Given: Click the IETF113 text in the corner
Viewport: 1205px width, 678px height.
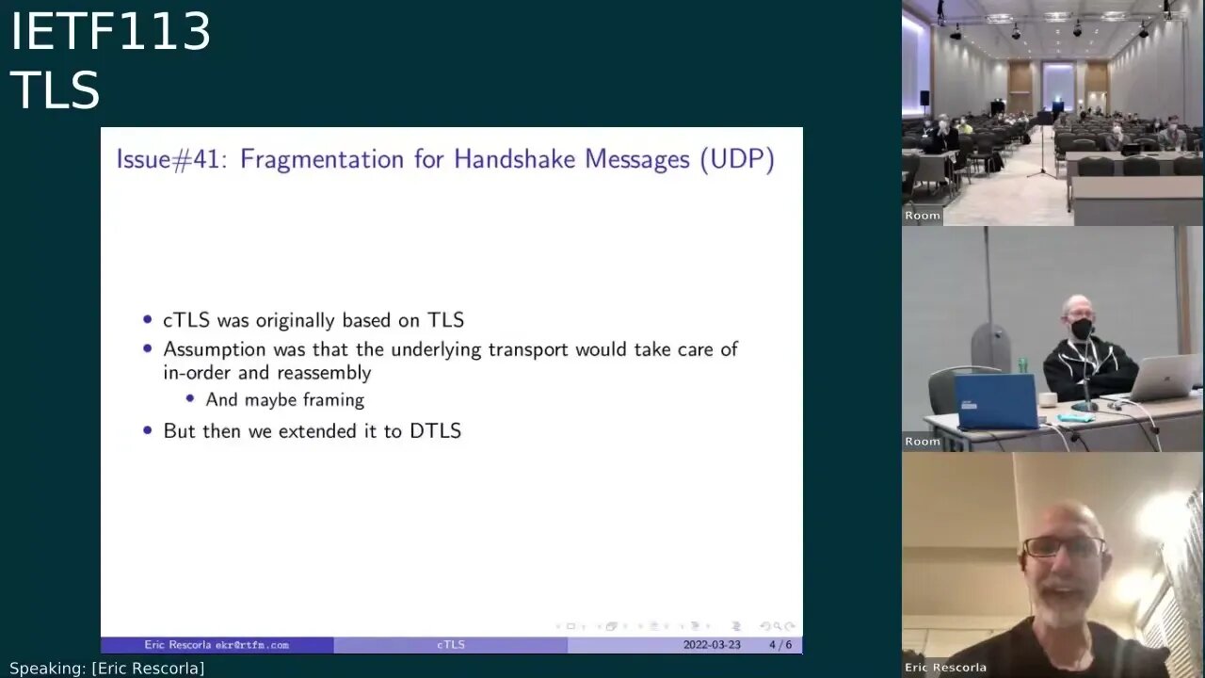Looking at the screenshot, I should coord(110,32).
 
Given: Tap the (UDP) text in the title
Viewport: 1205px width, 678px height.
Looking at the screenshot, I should coord(737,159).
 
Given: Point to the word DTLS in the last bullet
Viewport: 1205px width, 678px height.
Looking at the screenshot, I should coord(435,431).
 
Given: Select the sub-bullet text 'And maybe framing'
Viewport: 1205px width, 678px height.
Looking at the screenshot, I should coord(284,400).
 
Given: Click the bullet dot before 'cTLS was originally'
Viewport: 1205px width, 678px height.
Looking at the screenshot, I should coord(148,320).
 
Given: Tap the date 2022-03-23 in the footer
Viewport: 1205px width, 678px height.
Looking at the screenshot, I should coord(712,645).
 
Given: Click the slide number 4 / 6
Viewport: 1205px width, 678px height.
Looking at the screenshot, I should coord(779,645).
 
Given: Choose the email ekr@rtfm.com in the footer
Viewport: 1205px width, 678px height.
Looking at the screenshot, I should coord(251,645).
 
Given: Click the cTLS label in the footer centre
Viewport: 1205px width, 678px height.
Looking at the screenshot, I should coord(451,645).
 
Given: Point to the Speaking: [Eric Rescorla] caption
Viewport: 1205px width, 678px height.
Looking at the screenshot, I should coord(106,669).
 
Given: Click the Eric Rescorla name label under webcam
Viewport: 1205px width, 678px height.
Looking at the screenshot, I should coord(945,668).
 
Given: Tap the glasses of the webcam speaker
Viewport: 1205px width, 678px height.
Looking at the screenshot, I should coord(1063,546).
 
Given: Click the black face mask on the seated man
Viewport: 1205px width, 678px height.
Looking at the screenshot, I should coord(1082,329).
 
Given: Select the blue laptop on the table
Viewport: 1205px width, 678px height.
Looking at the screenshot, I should coord(995,401).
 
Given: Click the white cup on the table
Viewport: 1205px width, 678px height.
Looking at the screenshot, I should coord(1048,399).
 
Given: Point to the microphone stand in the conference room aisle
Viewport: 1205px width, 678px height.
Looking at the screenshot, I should coord(1042,151).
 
